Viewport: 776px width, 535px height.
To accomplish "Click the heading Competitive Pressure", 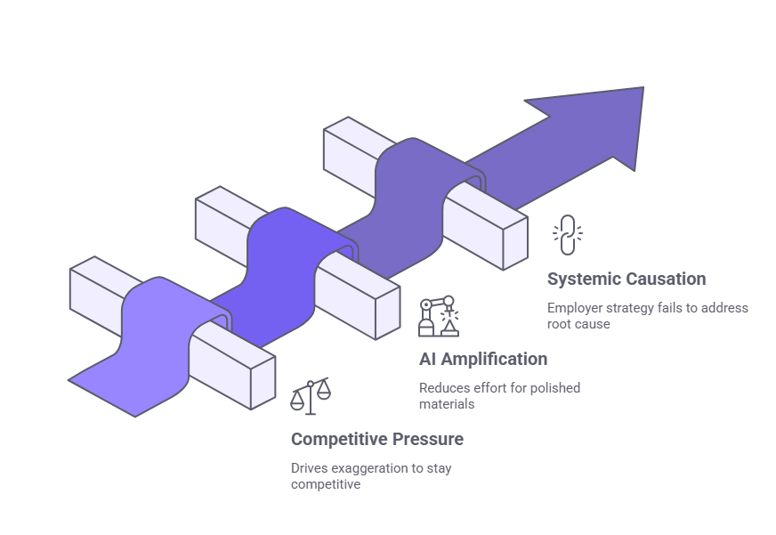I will click(376, 439).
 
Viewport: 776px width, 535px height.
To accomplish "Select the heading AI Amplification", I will click(482, 359).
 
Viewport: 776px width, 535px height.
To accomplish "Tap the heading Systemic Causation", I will click(626, 279).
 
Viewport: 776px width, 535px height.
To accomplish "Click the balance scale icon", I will click(310, 396).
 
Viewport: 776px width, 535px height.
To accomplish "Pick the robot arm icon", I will click(439, 316).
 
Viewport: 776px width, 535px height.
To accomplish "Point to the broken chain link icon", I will click(567, 235).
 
